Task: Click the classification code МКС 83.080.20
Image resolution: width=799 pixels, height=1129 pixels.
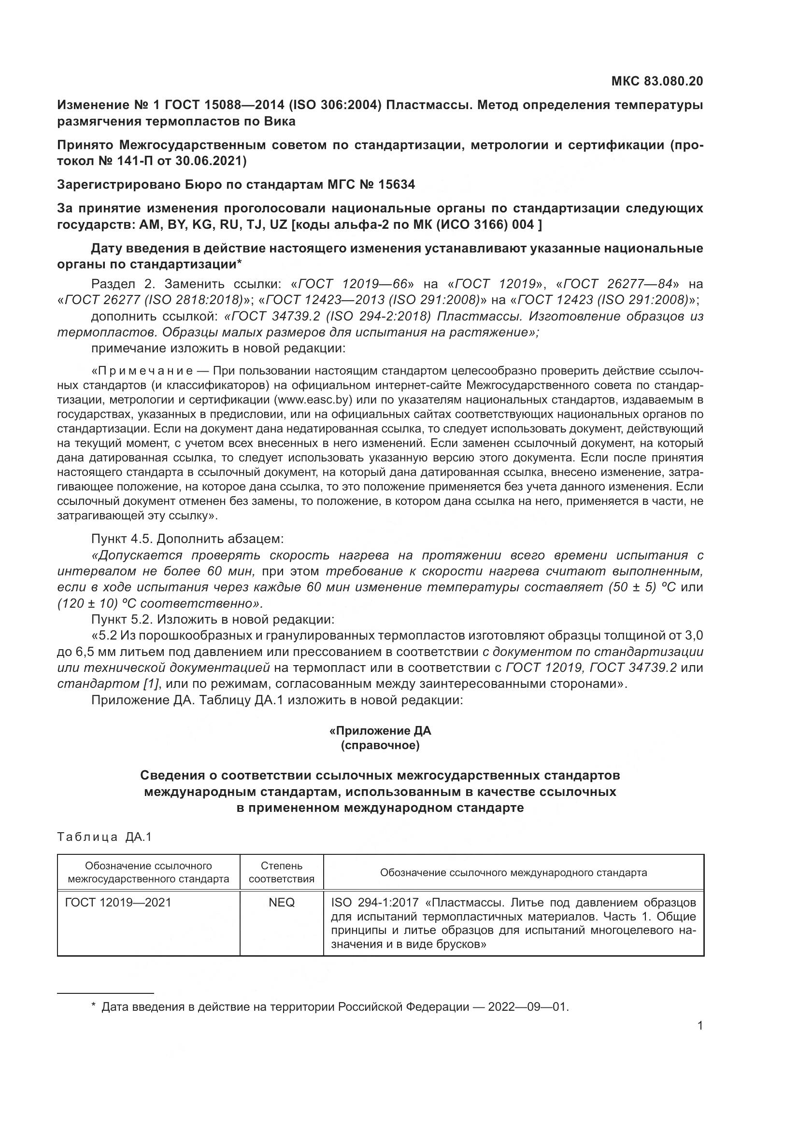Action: point(657,81)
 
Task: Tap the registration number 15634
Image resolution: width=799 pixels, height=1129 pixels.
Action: point(397,184)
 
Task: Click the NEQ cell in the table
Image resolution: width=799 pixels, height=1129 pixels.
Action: point(282,903)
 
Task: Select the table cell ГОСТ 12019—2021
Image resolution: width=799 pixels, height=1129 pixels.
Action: point(118,903)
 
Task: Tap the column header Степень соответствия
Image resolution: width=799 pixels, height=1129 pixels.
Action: point(282,872)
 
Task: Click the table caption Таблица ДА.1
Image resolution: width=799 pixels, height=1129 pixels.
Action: point(104,837)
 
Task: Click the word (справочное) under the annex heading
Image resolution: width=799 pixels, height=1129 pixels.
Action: point(380,746)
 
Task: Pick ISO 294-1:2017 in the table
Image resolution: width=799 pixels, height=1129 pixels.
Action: point(374,903)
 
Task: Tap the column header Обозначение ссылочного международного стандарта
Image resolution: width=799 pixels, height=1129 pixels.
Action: point(513,873)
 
